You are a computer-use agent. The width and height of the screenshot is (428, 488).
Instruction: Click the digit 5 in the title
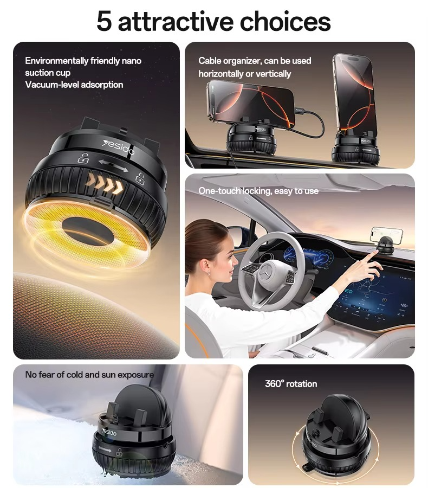(104, 22)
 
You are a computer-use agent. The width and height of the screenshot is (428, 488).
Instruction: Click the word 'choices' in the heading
(285, 22)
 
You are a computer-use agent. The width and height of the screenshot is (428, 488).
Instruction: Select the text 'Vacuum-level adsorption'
(74, 85)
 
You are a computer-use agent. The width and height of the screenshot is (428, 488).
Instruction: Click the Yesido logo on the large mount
(119, 147)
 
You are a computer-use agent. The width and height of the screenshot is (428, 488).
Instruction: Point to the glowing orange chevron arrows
(104, 184)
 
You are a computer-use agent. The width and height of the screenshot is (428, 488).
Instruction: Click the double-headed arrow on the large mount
(113, 165)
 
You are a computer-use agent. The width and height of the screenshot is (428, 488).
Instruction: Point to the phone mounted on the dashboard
(386, 234)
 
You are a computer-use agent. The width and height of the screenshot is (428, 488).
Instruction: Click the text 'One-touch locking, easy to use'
(258, 191)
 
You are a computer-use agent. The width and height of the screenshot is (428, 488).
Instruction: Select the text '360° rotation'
(291, 384)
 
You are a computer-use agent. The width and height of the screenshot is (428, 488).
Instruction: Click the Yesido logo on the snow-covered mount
(109, 432)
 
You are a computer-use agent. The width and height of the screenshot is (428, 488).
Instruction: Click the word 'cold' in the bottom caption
(83, 375)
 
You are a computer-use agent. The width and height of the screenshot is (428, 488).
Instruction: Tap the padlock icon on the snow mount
(119, 452)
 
